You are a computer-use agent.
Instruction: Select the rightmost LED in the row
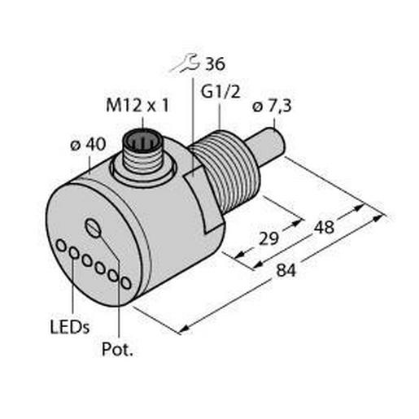(x=124, y=281)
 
